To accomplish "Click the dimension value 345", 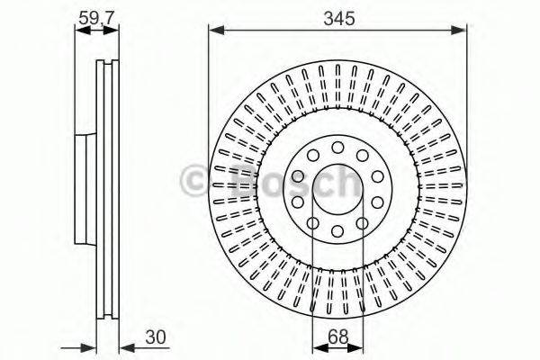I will click(338, 16).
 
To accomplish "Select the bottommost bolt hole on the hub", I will click(337, 232).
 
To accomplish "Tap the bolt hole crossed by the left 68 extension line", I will click(313, 222).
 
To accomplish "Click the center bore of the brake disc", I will click(337, 188).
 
